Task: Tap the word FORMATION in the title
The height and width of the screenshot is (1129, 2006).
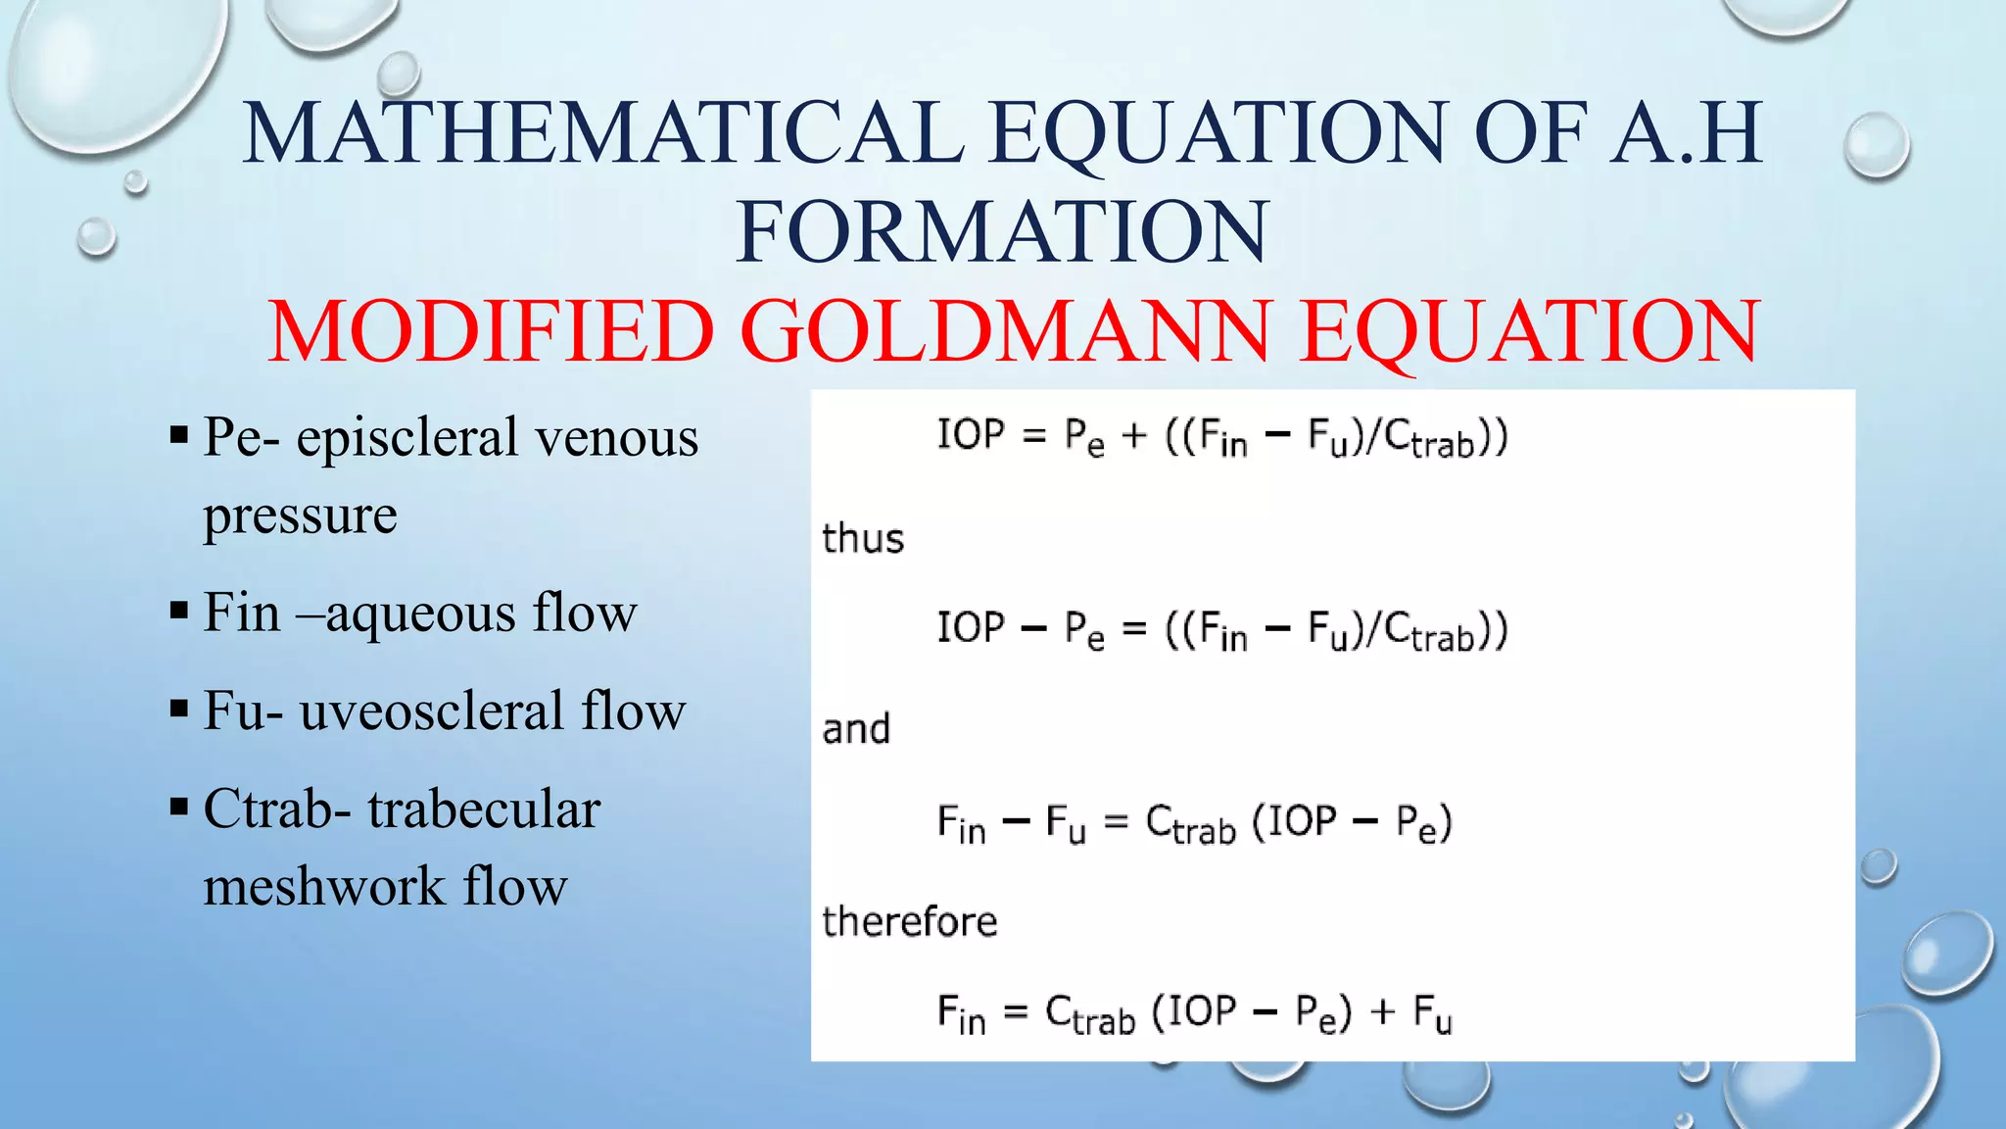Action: click(x=1001, y=232)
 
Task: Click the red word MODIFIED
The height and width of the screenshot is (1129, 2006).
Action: click(x=491, y=331)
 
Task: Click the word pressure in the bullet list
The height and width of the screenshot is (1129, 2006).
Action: click(x=300, y=515)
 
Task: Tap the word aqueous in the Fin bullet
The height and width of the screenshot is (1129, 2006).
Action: click(x=421, y=614)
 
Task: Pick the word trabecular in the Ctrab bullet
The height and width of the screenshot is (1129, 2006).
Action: click(x=484, y=810)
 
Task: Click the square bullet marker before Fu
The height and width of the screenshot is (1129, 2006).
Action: click(x=178, y=709)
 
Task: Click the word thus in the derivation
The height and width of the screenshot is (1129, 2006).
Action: click(x=863, y=539)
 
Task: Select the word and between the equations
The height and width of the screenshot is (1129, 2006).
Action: click(x=856, y=730)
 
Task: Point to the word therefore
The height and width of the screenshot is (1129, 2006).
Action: click(x=909, y=922)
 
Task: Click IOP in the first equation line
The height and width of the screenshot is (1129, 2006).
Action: click(x=971, y=434)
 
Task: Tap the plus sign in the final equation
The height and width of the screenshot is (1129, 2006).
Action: click(x=1382, y=1012)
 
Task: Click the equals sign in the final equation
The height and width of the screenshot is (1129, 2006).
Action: click(x=1016, y=1012)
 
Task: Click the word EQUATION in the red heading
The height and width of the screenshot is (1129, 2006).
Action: click(x=1529, y=331)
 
